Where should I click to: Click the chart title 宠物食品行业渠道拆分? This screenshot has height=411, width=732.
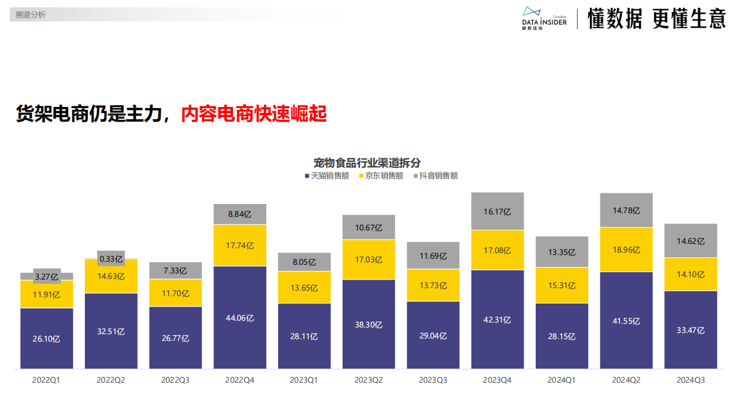click(x=367, y=163)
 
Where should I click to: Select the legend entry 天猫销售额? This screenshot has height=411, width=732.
click(x=327, y=176)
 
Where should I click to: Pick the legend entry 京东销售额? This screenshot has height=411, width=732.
click(x=381, y=176)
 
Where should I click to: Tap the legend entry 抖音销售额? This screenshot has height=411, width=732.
click(x=435, y=176)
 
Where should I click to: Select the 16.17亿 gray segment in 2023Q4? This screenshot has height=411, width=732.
click(x=497, y=211)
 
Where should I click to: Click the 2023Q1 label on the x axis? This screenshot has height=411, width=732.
click(x=304, y=380)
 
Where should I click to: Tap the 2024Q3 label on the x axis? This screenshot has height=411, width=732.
click(x=690, y=380)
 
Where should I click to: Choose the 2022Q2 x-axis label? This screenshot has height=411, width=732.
click(x=111, y=380)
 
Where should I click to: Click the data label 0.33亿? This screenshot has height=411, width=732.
click(x=111, y=259)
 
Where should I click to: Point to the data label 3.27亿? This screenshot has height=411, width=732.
click(x=47, y=277)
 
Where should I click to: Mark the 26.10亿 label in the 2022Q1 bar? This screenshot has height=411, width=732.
click(x=47, y=339)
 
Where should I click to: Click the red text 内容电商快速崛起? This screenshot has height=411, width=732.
click(x=253, y=114)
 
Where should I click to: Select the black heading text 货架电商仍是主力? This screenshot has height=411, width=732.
click(x=92, y=114)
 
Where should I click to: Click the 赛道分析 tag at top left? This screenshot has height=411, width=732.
click(x=31, y=15)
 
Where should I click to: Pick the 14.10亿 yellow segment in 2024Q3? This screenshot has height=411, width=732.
click(x=691, y=275)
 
